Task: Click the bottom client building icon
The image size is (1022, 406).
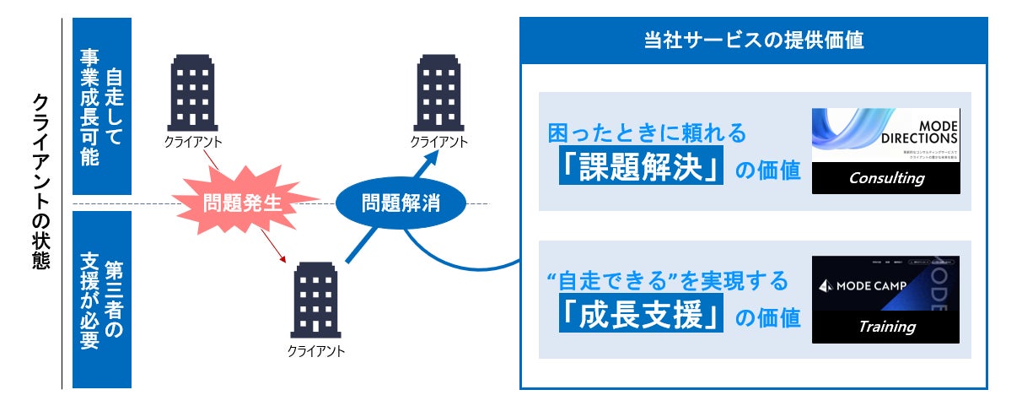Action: coord(316,300)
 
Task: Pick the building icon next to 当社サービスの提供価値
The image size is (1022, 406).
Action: coord(438,89)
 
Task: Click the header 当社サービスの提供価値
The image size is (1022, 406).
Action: coord(752,41)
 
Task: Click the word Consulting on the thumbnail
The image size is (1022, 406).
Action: coord(886,178)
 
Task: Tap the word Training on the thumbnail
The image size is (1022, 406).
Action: coord(886,326)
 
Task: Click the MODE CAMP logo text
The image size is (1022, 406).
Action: coord(864,285)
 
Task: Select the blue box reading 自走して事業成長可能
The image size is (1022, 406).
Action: coord(102,106)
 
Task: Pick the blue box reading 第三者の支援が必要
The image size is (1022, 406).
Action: coord(102,300)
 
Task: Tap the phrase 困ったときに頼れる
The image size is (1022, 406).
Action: coord(648,133)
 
